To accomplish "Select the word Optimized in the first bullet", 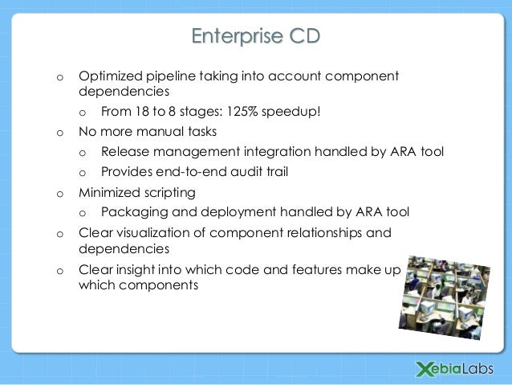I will pyautogui.click(x=109, y=76).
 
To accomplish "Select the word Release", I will pyautogui.click(x=124, y=151).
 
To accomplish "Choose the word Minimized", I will pyautogui.click(x=111, y=193).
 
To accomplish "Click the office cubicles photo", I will pyautogui.click(x=446, y=293).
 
